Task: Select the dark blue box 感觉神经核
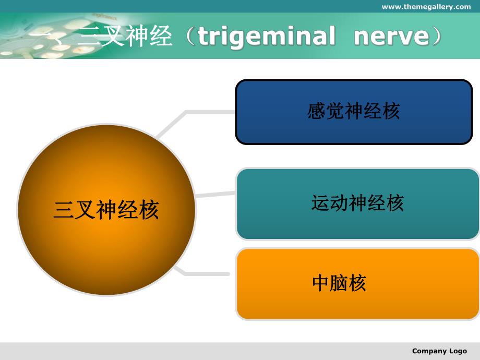pos(354,112)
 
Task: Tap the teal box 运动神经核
pos(357,203)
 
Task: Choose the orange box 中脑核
pos(357,284)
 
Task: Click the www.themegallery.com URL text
pos(426,7)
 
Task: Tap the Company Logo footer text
pos(439,351)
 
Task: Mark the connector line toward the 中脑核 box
pos(206,273)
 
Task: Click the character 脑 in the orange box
pos(339,284)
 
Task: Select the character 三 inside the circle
pos(63,210)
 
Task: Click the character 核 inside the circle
pos(149,210)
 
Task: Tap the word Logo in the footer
pos(457,351)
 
